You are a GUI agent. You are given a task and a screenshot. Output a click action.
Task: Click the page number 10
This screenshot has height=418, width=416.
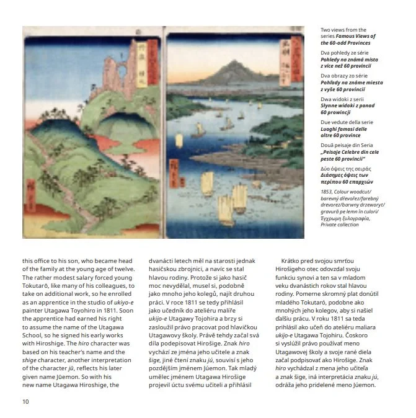[25, 401]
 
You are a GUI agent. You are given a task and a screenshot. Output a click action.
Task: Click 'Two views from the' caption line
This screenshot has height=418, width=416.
[343, 30]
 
